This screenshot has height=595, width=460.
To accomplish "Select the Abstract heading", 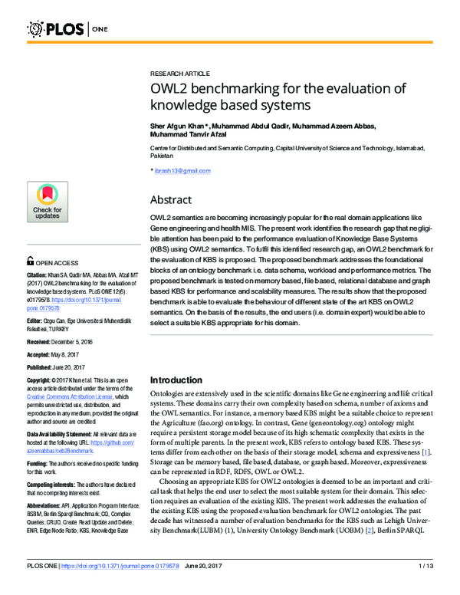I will [170, 199].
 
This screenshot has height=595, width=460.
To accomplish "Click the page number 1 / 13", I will [428, 587].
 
